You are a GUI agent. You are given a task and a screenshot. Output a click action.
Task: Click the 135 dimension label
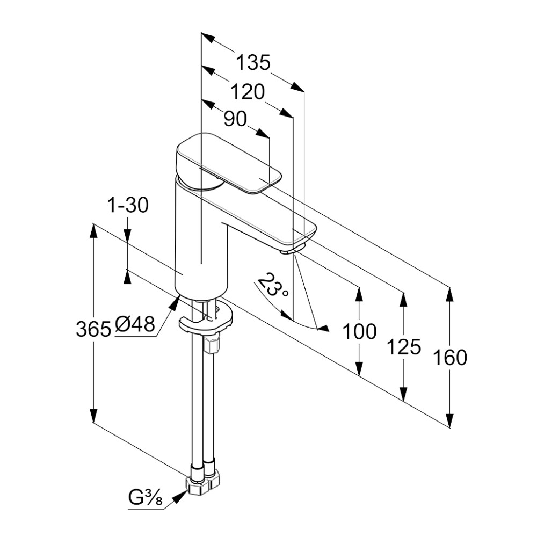tap(253, 63)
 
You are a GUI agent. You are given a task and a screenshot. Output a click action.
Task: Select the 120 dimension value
tap(248, 92)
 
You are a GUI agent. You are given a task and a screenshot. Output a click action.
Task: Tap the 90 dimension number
tap(235, 119)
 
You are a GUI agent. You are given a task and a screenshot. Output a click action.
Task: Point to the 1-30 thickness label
tap(128, 206)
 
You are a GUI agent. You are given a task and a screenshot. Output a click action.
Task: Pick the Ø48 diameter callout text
tap(135, 324)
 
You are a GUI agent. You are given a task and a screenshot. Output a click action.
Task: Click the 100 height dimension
tap(359, 331)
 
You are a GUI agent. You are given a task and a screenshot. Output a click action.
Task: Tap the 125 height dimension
tap(404, 347)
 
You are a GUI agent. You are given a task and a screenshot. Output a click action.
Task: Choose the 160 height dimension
tap(450, 358)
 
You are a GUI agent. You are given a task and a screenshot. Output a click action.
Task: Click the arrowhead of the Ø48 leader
tap(175, 302)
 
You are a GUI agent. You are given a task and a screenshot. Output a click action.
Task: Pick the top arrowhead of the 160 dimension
tap(450, 294)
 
